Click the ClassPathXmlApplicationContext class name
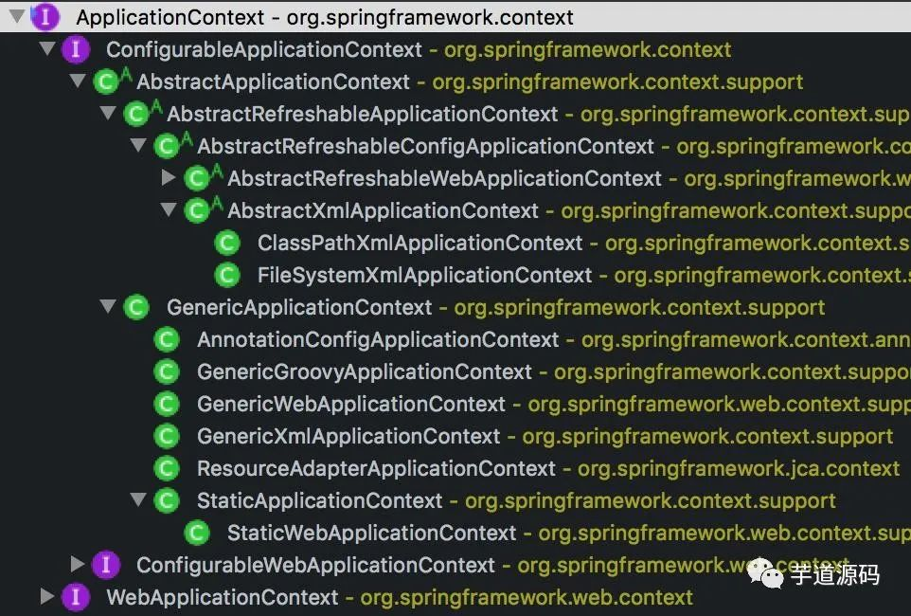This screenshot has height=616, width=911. pos(420,244)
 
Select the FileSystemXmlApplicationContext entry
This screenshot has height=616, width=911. pos(424,276)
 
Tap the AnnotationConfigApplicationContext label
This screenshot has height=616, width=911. pos(378,340)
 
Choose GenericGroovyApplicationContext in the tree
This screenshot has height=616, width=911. pos(364,372)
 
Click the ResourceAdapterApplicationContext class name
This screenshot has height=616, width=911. pos(376,469)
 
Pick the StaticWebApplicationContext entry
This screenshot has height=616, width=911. pos(371,534)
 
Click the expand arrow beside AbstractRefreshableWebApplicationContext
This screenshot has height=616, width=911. pos(169,178)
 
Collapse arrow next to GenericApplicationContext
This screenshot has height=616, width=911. pos(108,307)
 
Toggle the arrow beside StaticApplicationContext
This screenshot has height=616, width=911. pos(138,500)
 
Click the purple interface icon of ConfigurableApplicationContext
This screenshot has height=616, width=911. pos(75,49)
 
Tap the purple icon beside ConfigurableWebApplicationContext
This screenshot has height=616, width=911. pos(105,566)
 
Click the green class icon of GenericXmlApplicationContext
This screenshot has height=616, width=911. pos(167,437)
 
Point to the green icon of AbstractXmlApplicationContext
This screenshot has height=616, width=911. pos(197,210)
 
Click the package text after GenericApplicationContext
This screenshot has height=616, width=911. pos(639,308)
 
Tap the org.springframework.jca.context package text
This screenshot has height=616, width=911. pos(739,469)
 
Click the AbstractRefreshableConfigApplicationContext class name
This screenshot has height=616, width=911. pos(425,147)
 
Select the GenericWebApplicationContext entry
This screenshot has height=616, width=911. pos(350,405)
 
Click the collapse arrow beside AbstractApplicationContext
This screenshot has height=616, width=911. pos(78,82)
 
